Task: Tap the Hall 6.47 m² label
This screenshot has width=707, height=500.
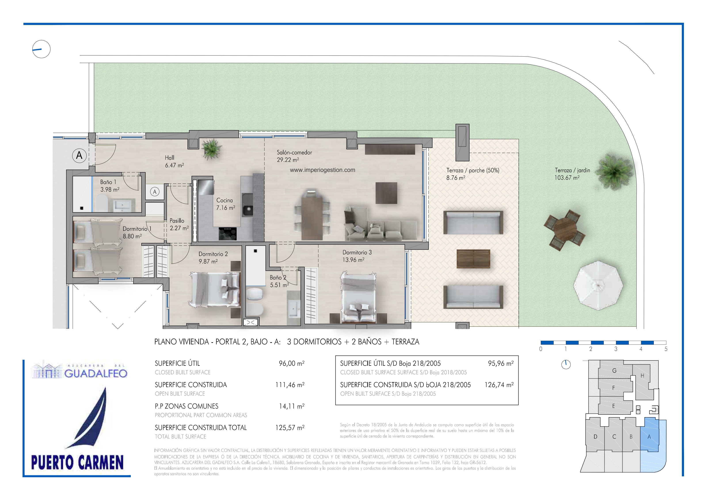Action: tap(174, 161)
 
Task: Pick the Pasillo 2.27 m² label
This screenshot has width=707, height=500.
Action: tap(179, 224)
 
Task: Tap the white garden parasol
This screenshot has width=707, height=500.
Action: tap(598, 285)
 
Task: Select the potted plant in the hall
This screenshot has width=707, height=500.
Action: tap(211, 148)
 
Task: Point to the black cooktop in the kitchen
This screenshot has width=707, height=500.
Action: tap(228, 233)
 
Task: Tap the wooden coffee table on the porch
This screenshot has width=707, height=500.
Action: tap(473, 259)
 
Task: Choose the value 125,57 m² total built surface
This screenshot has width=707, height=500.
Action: tap(290, 428)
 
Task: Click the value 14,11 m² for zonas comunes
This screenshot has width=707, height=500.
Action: tap(292, 406)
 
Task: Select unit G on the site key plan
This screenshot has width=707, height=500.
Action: tap(614, 371)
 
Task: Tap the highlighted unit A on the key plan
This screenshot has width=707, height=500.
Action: tap(649, 437)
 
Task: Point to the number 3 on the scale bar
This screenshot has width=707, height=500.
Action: tap(616, 349)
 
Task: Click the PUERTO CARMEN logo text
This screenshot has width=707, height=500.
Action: tap(77, 462)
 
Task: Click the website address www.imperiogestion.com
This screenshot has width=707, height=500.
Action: tap(322, 170)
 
